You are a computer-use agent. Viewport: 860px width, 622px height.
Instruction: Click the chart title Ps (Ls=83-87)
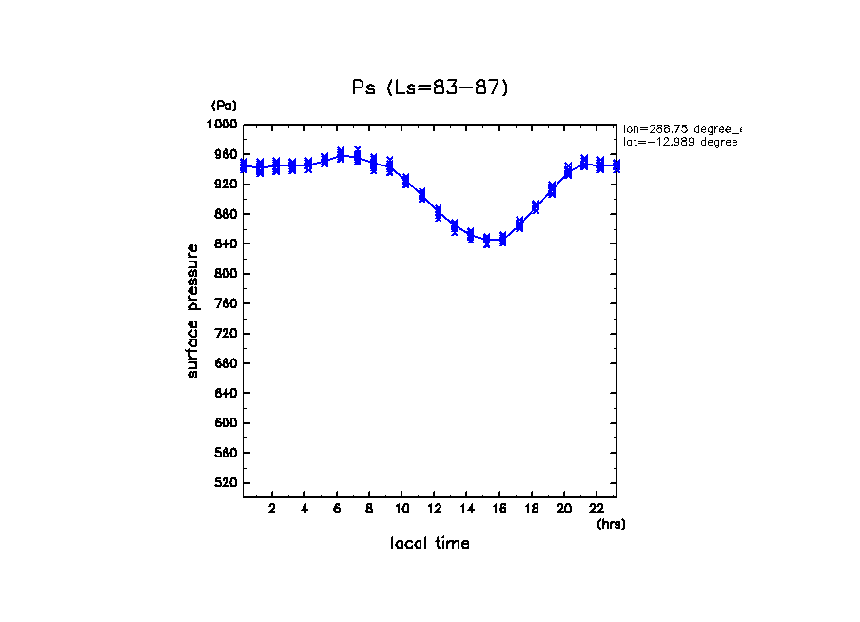431,88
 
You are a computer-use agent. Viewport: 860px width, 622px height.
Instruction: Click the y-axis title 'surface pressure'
193,310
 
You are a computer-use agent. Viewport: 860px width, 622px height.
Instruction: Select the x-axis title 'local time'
429,544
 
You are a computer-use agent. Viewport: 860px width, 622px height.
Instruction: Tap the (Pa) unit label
224,106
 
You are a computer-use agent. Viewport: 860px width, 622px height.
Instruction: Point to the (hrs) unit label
611,524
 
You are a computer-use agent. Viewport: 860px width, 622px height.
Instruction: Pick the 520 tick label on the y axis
225,483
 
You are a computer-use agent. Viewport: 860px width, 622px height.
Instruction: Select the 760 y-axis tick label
225,304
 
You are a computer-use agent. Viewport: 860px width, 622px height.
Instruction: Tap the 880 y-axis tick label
225,214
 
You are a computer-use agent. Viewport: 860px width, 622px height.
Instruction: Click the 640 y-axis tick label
225,394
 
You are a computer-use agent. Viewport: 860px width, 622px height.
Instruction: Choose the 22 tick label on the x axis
596,509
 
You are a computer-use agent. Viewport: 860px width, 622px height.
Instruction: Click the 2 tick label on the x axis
272,509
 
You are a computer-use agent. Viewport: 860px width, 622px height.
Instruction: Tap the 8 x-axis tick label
369,509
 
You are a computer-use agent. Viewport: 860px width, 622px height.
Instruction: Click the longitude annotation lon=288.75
681,128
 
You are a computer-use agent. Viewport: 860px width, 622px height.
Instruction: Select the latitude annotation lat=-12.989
681,142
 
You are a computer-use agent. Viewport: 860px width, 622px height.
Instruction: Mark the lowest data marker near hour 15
487,242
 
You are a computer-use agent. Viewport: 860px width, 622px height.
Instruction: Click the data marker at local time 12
438,213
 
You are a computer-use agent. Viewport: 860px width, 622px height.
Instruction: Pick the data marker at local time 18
536,207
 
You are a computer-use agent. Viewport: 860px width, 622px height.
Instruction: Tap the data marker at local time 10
405,181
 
